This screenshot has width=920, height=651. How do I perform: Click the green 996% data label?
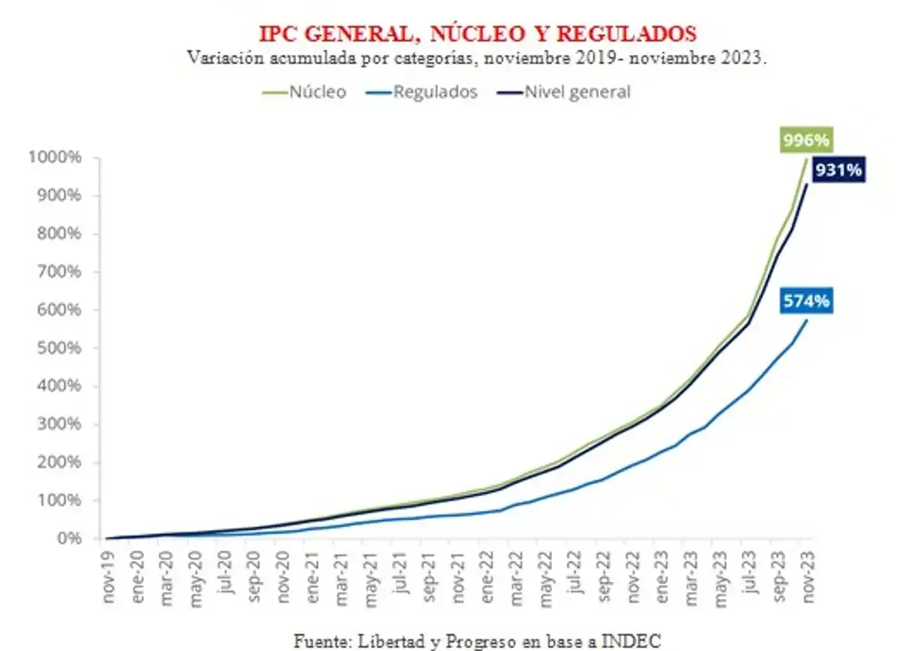click(806, 140)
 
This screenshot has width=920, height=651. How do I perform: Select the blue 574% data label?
click(807, 301)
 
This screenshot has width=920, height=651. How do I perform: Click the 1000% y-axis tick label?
click(56, 158)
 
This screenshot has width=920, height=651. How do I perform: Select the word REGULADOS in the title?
click(626, 34)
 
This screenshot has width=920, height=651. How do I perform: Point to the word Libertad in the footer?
click(375, 640)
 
